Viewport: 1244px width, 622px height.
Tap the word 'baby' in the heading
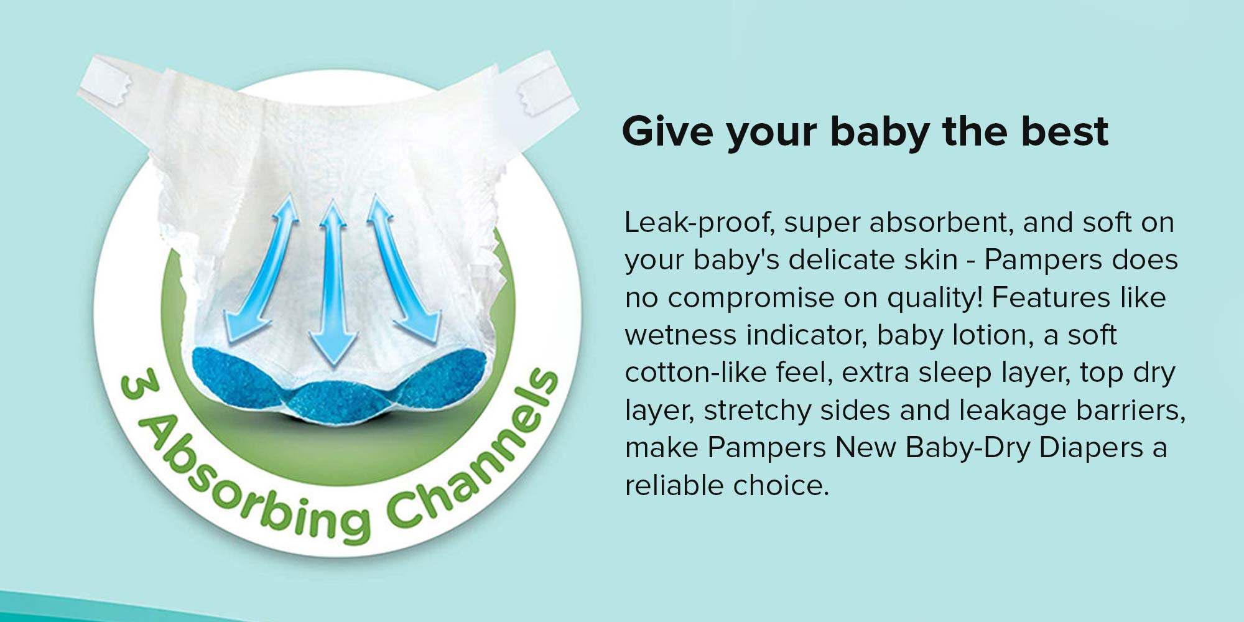(879, 132)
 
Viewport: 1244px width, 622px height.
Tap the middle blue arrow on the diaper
(333, 283)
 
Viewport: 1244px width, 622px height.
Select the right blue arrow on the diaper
(403, 269)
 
